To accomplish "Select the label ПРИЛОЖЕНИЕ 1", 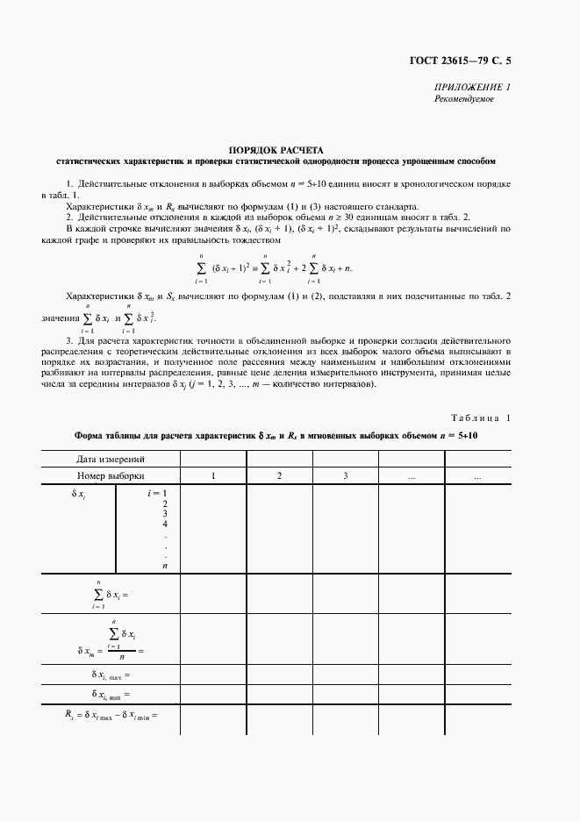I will pyautogui.click(x=472, y=88).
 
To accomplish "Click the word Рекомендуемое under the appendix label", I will pyautogui.click(x=464, y=99).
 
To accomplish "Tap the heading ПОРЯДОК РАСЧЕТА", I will pyautogui.click(x=276, y=150).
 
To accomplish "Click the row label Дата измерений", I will pyautogui.click(x=111, y=459).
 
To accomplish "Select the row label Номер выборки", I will pyautogui.click(x=111, y=475).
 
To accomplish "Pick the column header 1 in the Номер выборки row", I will pyautogui.click(x=213, y=475).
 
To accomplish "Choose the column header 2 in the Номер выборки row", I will pyautogui.click(x=279, y=475).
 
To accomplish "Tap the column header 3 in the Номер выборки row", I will pyautogui.click(x=346, y=475).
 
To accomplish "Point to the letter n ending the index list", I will pyautogui.click(x=164, y=566).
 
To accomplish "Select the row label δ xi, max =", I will pyautogui.click(x=111, y=675).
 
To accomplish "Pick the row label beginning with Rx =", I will pyautogui.click(x=111, y=717).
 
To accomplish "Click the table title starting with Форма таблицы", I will pyautogui.click(x=276, y=435).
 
